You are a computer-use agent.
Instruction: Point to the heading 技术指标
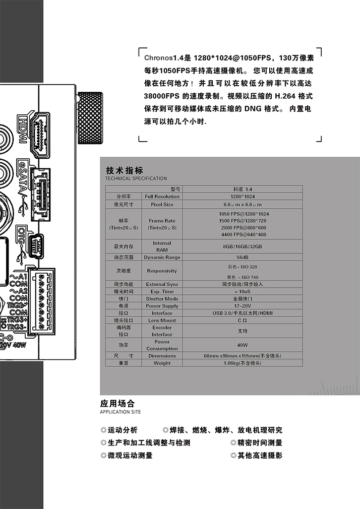point(125,170)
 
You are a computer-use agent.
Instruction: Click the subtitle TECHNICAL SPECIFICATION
point(136,178)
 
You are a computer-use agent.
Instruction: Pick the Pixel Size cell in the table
point(162,205)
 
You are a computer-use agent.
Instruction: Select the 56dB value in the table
point(242,257)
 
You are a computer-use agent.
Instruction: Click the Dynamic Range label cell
point(162,257)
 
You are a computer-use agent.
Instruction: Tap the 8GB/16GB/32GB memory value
point(242,246)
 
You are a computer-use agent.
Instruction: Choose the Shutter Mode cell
point(162,298)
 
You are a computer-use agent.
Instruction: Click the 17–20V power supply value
point(242,305)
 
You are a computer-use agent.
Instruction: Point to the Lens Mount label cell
point(162,320)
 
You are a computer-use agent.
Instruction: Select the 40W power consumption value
point(242,345)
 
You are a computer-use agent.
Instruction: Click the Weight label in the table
point(162,363)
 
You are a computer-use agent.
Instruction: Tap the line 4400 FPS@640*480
point(243,234)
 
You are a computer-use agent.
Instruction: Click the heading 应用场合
point(117,403)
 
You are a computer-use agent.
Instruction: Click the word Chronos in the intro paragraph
point(157,57)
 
